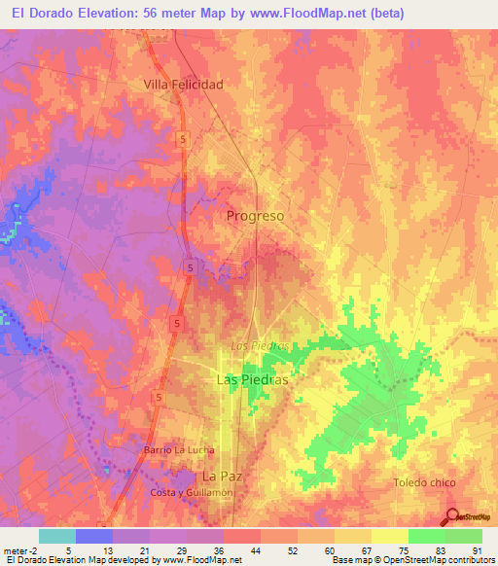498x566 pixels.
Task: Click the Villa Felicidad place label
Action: [x=183, y=85]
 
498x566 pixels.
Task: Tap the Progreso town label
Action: [x=255, y=216]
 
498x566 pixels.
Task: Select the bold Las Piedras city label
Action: [x=251, y=381]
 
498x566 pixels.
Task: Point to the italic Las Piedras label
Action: [x=260, y=346]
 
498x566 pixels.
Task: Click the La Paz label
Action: [x=222, y=476]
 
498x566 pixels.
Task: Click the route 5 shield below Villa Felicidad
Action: [x=182, y=139]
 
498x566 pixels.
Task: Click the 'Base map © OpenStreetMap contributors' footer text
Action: [x=412, y=560]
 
